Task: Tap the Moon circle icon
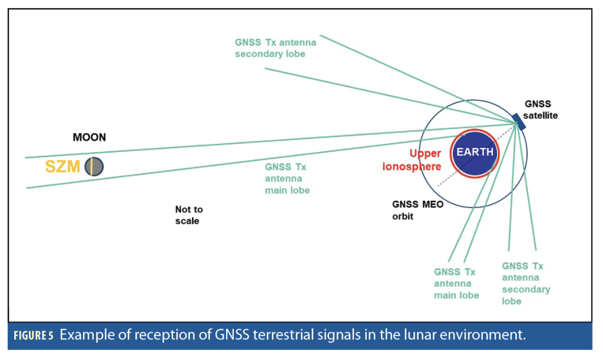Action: [94, 167]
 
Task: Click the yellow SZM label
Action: [63, 167]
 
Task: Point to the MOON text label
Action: [90, 137]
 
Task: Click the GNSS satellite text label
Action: [540, 110]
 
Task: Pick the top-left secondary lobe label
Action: [275, 48]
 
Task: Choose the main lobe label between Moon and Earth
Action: [287, 179]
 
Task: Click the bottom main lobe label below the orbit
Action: [456, 283]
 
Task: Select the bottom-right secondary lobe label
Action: [525, 283]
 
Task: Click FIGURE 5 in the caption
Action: [34, 336]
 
